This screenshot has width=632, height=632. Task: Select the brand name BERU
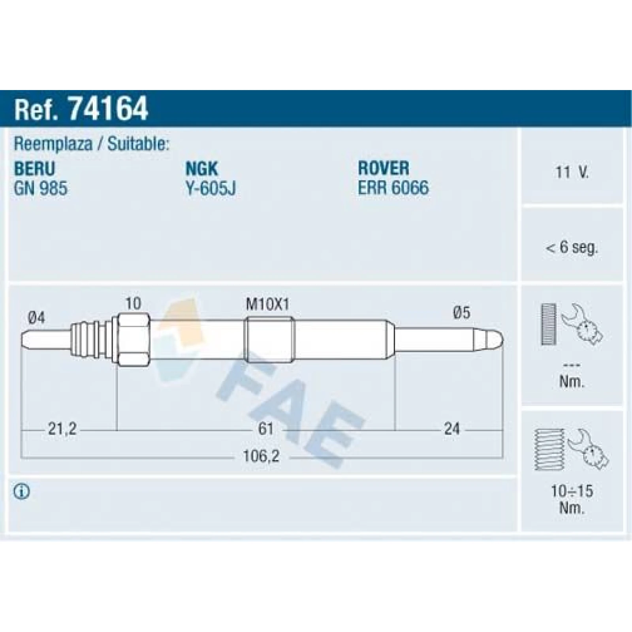point(34,169)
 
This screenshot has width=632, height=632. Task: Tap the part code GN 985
point(41,188)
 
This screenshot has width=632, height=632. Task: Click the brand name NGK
point(201,169)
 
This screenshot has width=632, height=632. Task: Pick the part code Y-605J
point(211,188)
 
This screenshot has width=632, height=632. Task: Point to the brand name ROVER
point(384,168)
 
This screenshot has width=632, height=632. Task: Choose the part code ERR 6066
point(393,188)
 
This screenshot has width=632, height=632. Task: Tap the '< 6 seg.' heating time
point(572,248)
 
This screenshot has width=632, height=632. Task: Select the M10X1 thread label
point(267,304)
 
